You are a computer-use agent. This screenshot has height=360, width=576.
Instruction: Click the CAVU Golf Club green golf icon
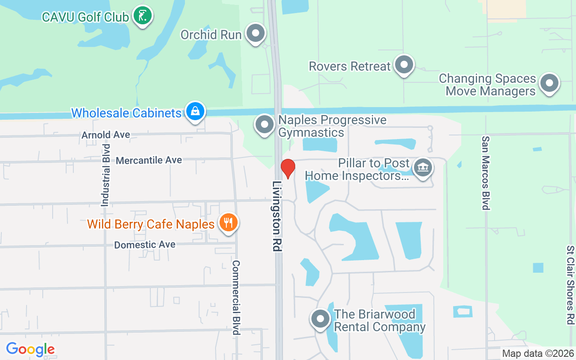click(143, 16)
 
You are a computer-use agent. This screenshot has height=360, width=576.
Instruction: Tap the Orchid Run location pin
click(256, 33)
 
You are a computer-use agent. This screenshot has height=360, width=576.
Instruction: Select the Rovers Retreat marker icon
click(404, 65)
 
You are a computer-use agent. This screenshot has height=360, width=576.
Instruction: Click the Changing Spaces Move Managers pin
click(549, 83)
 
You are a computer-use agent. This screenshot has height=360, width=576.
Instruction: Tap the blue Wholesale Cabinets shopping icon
click(195, 111)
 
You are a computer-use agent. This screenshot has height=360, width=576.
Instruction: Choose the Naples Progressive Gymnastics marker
click(264, 125)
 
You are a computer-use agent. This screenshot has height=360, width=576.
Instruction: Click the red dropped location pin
click(288, 168)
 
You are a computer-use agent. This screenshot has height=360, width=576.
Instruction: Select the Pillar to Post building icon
click(423, 168)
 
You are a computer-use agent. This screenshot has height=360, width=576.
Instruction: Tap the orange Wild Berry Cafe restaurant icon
click(229, 222)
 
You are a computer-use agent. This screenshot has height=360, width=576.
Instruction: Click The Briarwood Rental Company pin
click(320, 319)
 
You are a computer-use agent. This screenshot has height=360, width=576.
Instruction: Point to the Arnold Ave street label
click(106, 135)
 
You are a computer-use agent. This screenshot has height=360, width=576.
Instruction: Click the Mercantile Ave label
click(149, 160)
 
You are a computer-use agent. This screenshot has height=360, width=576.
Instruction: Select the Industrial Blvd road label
click(105, 175)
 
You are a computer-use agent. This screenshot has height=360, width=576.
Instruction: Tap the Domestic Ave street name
click(144, 245)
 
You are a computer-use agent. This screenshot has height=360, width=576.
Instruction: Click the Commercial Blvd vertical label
click(235, 297)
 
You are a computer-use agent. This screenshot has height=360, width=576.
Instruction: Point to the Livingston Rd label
click(277, 216)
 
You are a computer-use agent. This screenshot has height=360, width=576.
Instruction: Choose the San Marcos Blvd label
click(486, 173)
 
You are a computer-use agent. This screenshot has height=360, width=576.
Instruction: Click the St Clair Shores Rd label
click(570, 285)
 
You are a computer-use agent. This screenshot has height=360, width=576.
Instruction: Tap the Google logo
click(30, 349)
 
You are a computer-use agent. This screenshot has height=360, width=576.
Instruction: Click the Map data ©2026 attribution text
click(538, 354)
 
